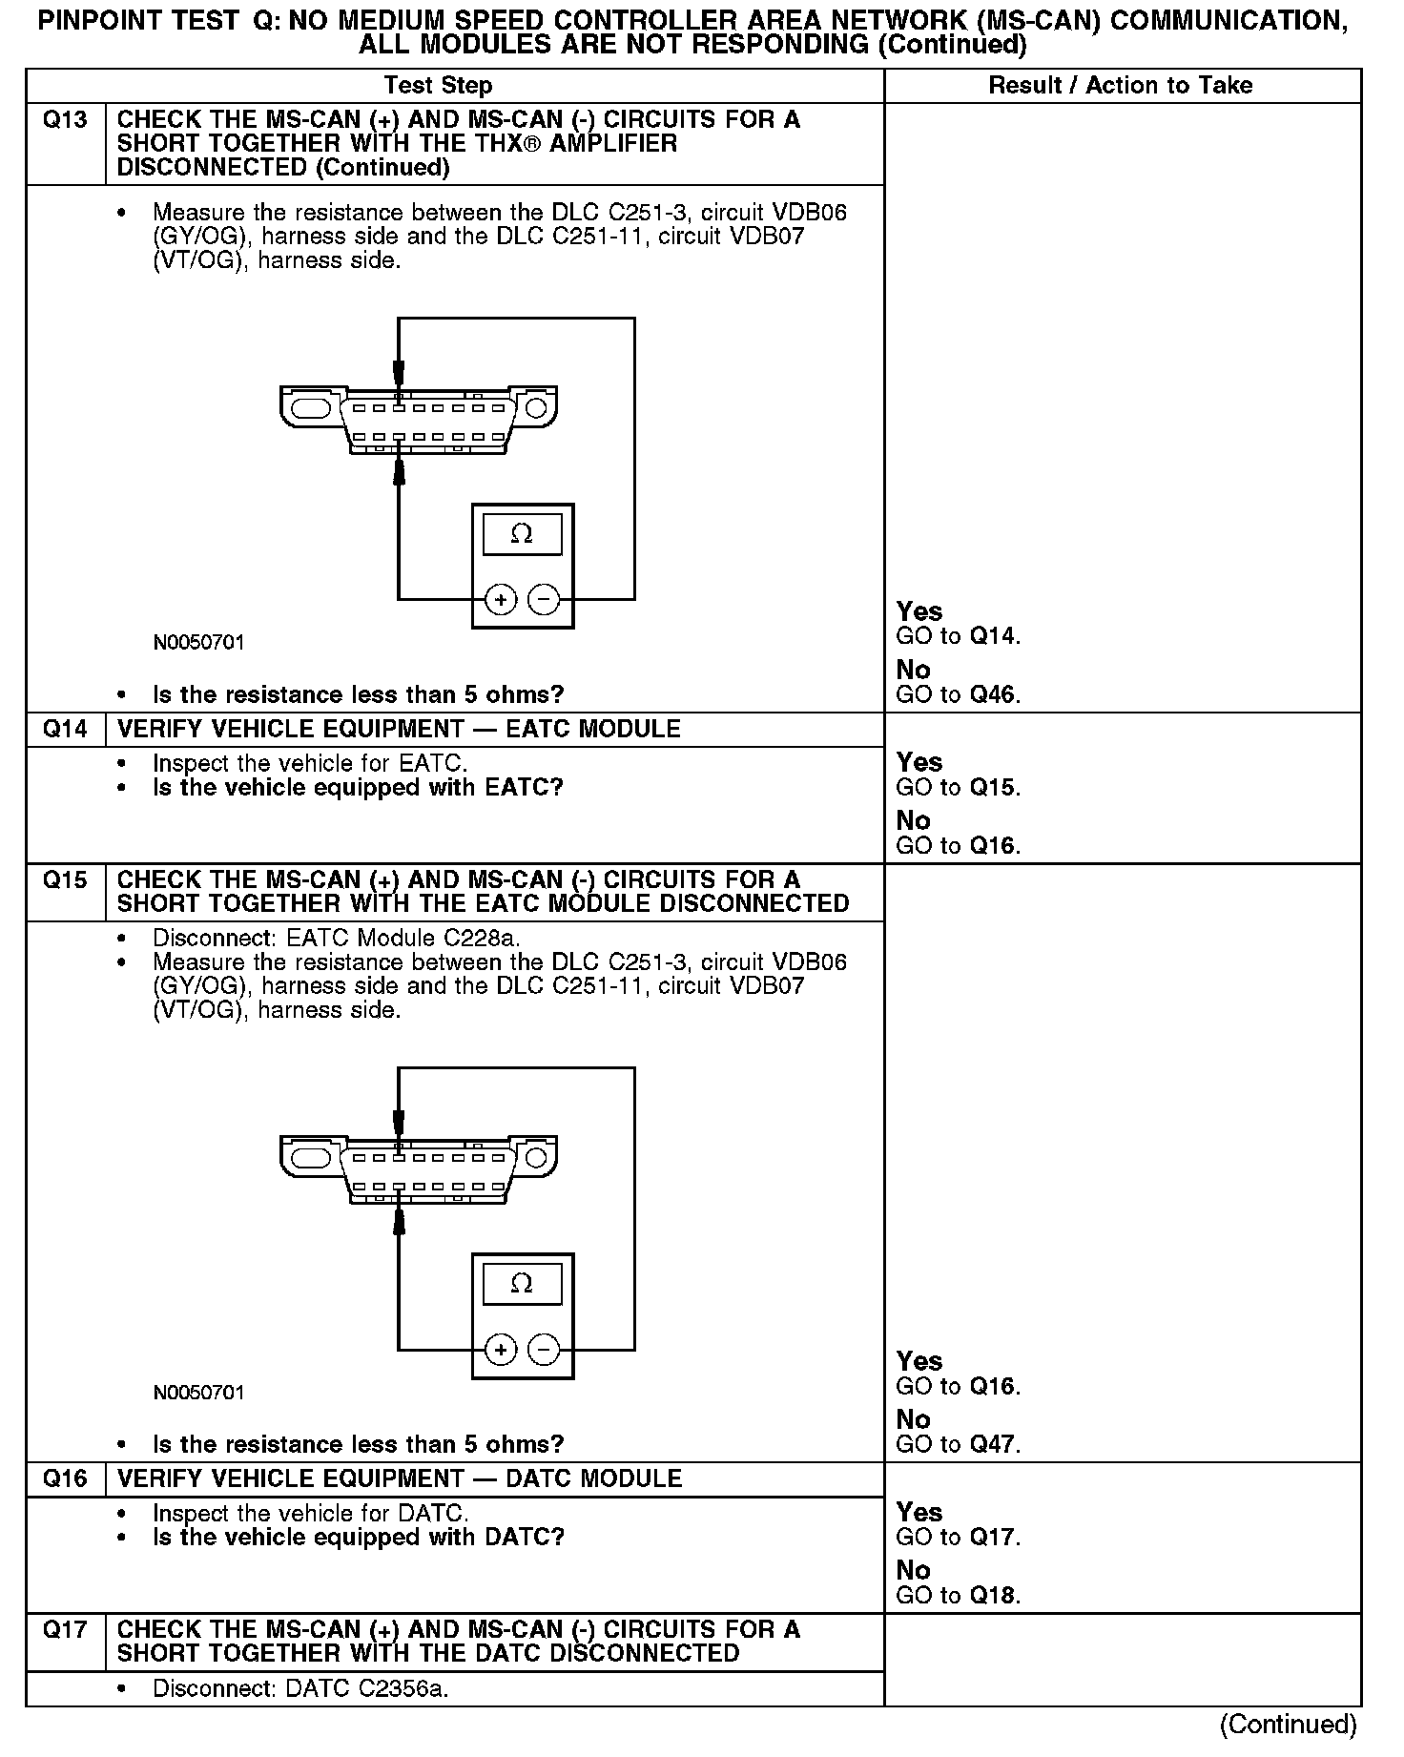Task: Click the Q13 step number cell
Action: pos(65,121)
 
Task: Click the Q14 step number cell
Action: pos(65,730)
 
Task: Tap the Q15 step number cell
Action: pos(65,880)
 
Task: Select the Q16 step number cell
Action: pos(65,1479)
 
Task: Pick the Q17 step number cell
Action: pos(65,1630)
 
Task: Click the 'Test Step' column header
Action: pos(438,86)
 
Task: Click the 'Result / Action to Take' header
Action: pos(1120,86)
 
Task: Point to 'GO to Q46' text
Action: pos(958,694)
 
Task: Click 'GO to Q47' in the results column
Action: pos(958,1444)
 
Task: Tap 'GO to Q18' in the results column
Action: pos(958,1596)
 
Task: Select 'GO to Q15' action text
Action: pos(958,788)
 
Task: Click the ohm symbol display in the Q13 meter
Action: pos(522,534)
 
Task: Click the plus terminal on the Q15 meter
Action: pos(501,1350)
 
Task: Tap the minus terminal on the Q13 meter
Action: pos(544,600)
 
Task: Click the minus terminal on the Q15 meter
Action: pos(544,1350)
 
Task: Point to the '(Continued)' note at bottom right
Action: pos(1288,1725)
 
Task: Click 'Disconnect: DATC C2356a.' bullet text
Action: pos(300,1689)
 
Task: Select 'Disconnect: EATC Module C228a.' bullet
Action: pos(336,938)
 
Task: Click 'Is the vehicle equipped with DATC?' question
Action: pos(358,1538)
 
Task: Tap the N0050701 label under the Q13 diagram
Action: pos(198,643)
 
